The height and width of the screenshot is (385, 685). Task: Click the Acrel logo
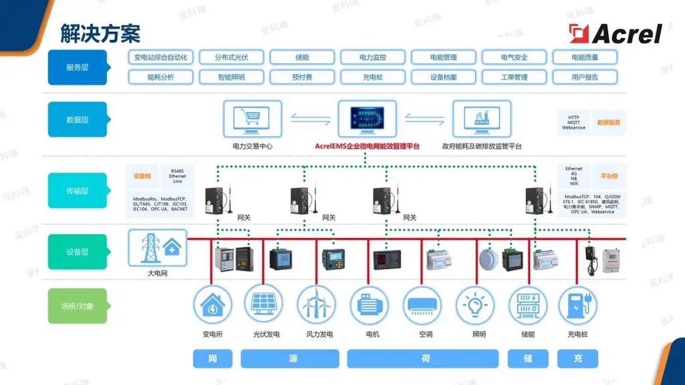pyautogui.click(x=615, y=33)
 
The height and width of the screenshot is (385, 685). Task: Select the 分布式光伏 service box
pyautogui.click(x=231, y=57)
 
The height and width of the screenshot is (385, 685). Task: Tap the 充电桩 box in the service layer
pyautogui.click(x=372, y=77)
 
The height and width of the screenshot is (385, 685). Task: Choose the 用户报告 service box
pyautogui.click(x=585, y=77)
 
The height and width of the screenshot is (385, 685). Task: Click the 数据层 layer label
pyautogui.click(x=78, y=119)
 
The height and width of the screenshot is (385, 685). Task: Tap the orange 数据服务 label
pyautogui.click(x=609, y=123)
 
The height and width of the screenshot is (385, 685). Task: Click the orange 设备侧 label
pyautogui.click(x=142, y=176)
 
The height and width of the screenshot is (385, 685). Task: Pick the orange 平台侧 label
pyautogui.click(x=609, y=176)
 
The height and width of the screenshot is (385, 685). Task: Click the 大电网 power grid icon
pyautogui.click(x=157, y=248)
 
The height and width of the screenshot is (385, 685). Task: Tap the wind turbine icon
pyautogui.click(x=317, y=305)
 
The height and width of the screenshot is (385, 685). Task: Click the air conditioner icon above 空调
pyautogui.click(x=422, y=305)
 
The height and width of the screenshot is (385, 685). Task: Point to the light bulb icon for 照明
pyautogui.click(x=475, y=305)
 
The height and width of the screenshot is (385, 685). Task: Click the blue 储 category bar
pyautogui.click(x=527, y=359)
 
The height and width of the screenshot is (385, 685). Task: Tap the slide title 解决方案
pyautogui.click(x=100, y=33)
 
